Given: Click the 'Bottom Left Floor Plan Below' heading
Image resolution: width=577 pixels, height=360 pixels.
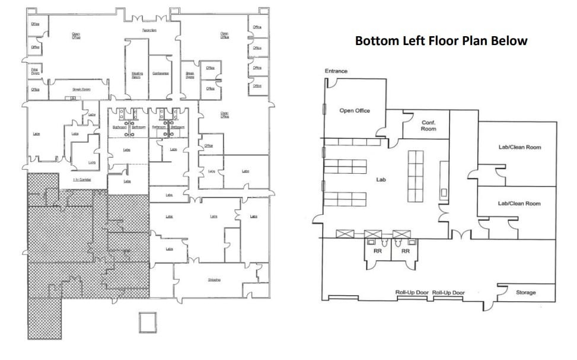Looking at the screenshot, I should tap(441, 41).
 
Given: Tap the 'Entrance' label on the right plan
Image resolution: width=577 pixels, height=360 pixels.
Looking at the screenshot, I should tap(336, 71).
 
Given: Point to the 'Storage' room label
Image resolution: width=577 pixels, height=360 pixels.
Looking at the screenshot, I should tap(525, 292).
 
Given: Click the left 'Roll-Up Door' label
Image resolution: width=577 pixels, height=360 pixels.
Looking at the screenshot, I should tap(412, 293).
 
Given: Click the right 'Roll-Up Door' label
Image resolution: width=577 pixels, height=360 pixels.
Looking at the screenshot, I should tap(448, 293).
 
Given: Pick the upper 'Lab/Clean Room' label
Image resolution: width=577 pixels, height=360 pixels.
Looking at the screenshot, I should tap(519, 147).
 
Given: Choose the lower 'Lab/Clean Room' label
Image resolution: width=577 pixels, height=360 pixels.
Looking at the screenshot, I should tap(519, 203).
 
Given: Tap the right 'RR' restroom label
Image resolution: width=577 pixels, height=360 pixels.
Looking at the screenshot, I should tap(406, 251).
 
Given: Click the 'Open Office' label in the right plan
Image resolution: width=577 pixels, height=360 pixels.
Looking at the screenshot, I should tap(355, 110).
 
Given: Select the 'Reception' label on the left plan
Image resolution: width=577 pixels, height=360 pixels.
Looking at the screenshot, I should tap(149, 30).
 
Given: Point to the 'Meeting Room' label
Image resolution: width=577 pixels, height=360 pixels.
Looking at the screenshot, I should tap(136, 75).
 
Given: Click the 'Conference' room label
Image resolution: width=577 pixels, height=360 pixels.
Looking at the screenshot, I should tap(161, 74).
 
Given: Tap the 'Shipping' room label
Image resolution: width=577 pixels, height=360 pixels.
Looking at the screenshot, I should tap(214, 280).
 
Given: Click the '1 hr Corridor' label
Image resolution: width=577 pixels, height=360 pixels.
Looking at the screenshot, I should tap(81, 179).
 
